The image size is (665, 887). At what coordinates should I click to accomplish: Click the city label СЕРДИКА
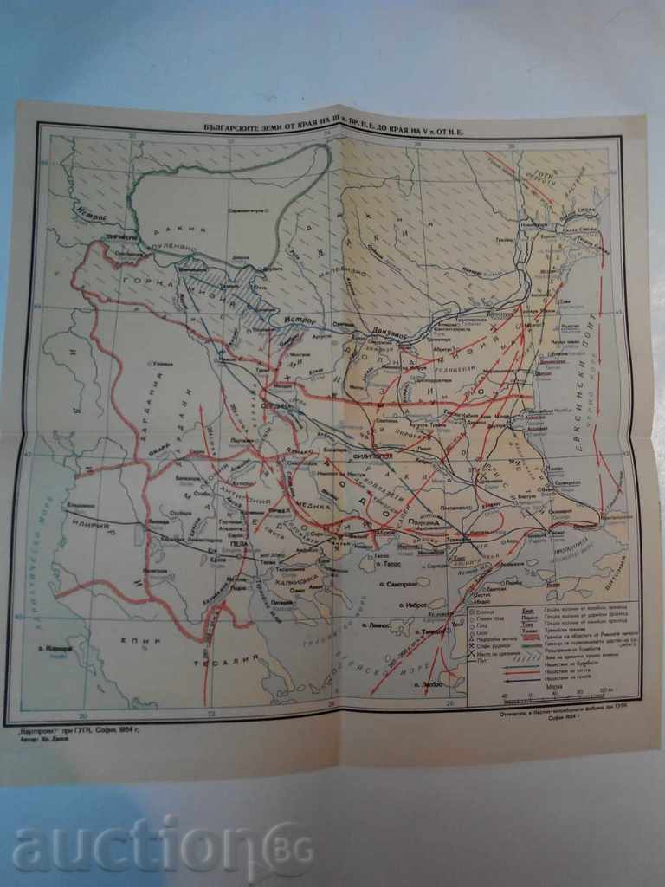pyautogui.click(x=275, y=405)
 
